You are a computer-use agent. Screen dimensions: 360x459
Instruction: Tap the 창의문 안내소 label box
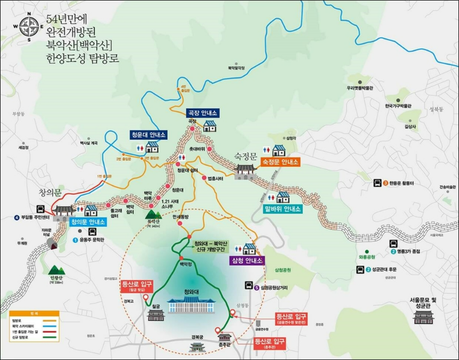(x=88, y=221)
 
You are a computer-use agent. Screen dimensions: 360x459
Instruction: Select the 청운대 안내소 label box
(x=148, y=135)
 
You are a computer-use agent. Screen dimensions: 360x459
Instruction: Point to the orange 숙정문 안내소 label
(x=281, y=162)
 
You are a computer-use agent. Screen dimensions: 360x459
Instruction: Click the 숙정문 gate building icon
(x=247, y=170)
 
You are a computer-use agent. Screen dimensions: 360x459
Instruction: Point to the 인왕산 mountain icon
(x=56, y=269)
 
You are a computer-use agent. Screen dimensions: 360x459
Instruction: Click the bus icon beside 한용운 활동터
(x=378, y=183)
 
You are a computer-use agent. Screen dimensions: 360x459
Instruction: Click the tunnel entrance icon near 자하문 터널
(x=55, y=245)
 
